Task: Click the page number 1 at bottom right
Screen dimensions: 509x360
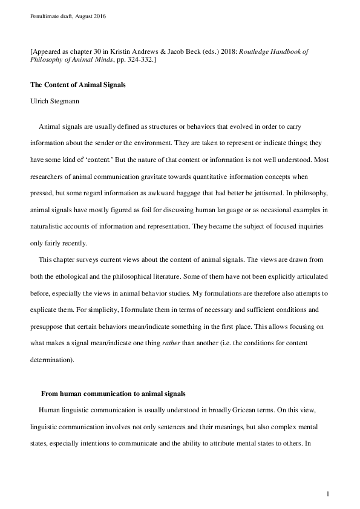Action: [327, 494]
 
